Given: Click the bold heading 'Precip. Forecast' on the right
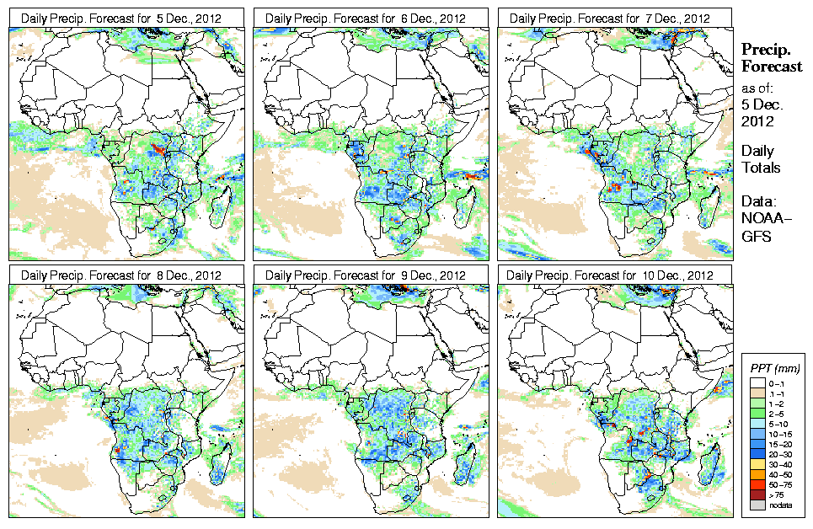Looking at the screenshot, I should pyautogui.click(x=771, y=57).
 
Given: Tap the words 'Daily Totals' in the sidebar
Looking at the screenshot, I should pyautogui.click(x=760, y=159).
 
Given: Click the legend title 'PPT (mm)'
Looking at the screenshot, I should pyautogui.click(x=774, y=369).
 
